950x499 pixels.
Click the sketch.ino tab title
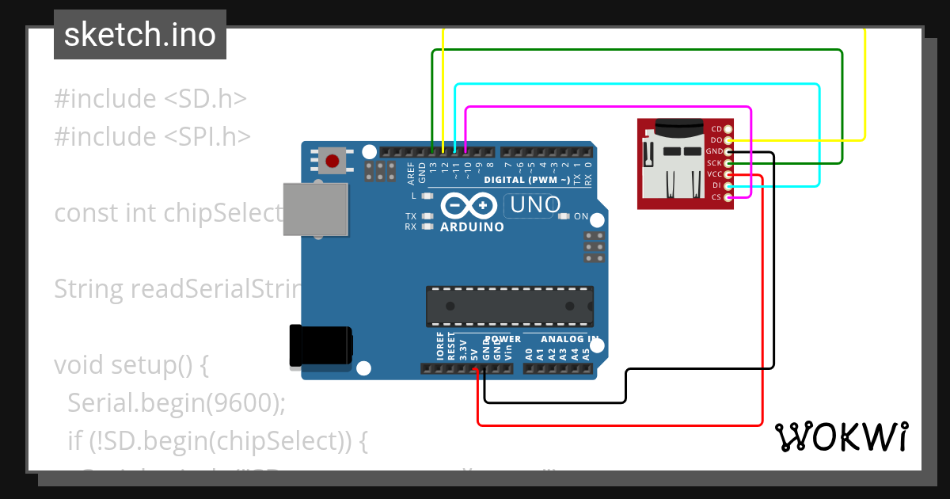click(140, 35)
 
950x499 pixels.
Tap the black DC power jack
click(320, 346)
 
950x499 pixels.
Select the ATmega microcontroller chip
click(510, 307)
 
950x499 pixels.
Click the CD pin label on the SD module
click(716, 129)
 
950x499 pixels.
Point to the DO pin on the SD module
click(728, 140)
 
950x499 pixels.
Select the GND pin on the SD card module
click(728, 151)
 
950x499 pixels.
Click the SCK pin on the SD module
click(728, 163)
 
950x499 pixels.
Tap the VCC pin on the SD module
click(728, 174)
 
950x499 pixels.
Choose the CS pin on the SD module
click(728, 196)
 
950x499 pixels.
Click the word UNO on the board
click(536, 205)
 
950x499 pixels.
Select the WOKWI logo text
click(841, 436)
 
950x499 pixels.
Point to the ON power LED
click(564, 216)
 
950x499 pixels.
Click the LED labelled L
click(427, 196)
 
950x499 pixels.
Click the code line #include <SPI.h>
click(152, 136)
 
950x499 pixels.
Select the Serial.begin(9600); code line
click(176, 402)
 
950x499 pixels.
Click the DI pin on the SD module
click(728, 185)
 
